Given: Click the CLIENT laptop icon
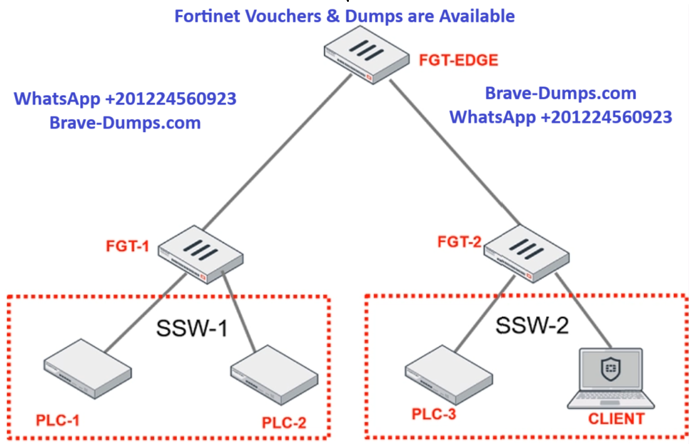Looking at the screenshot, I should (x=613, y=378).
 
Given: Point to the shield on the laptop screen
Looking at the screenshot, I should (x=610, y=369).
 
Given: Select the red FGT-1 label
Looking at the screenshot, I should (x=127, y=246).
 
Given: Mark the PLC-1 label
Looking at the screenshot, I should (x=58, y=420).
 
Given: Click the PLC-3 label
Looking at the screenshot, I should (x=433, y=414).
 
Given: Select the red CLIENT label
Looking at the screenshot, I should (x=616, y=418).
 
